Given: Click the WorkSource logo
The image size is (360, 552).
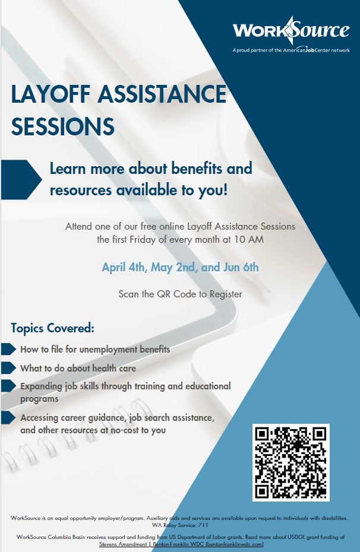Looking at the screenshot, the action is point(291,30).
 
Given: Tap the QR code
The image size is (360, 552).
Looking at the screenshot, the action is point(291,462).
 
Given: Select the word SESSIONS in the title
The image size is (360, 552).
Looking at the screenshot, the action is point(63,126).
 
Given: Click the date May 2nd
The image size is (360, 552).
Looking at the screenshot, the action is point(173,267).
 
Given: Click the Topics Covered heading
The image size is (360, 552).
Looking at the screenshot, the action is point(53,328).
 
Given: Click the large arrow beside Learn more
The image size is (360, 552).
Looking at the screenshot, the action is point(21,179).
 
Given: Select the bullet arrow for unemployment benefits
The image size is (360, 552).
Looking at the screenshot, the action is point(8,349).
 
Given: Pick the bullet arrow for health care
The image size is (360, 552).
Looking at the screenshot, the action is point(8,368).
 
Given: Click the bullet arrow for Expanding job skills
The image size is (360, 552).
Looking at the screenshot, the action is point(8,386).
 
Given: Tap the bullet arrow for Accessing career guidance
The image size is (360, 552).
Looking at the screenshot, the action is point(8,417).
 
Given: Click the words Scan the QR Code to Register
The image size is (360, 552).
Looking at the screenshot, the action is point(180,294).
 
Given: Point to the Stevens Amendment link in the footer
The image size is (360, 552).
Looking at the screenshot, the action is point(123,544).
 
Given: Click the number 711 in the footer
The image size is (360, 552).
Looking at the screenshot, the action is point(203,525).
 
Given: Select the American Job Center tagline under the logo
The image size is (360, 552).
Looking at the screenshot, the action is point(291,50).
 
